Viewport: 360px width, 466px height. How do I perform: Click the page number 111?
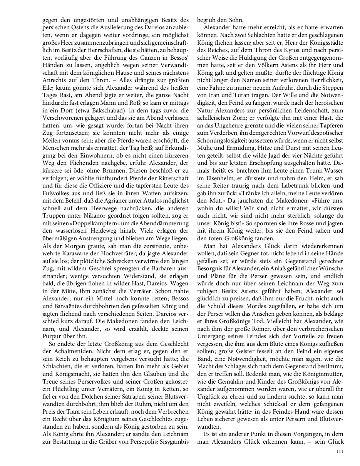pyautogui.click(x=340, y=452)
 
